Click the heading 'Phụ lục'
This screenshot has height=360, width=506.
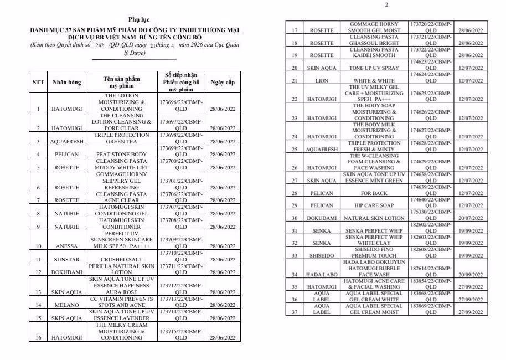point(135,20)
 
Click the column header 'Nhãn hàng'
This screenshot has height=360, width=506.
point(66,83)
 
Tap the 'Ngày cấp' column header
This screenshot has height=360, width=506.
point(223,83)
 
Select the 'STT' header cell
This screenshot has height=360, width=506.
point(38,83)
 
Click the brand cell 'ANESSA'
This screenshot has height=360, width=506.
point(66,246)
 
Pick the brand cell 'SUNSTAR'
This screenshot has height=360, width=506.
point(66,259)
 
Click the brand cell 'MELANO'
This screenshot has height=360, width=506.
point(66,305)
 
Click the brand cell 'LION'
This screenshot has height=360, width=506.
point(321,81)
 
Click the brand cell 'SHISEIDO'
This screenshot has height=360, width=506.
point(321,256)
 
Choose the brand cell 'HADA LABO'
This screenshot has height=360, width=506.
point(321,275)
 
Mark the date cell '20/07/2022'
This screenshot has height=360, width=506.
point(470,218)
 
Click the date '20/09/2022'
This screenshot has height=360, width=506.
point(470,275)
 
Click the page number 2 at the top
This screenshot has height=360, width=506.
point(386,5)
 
